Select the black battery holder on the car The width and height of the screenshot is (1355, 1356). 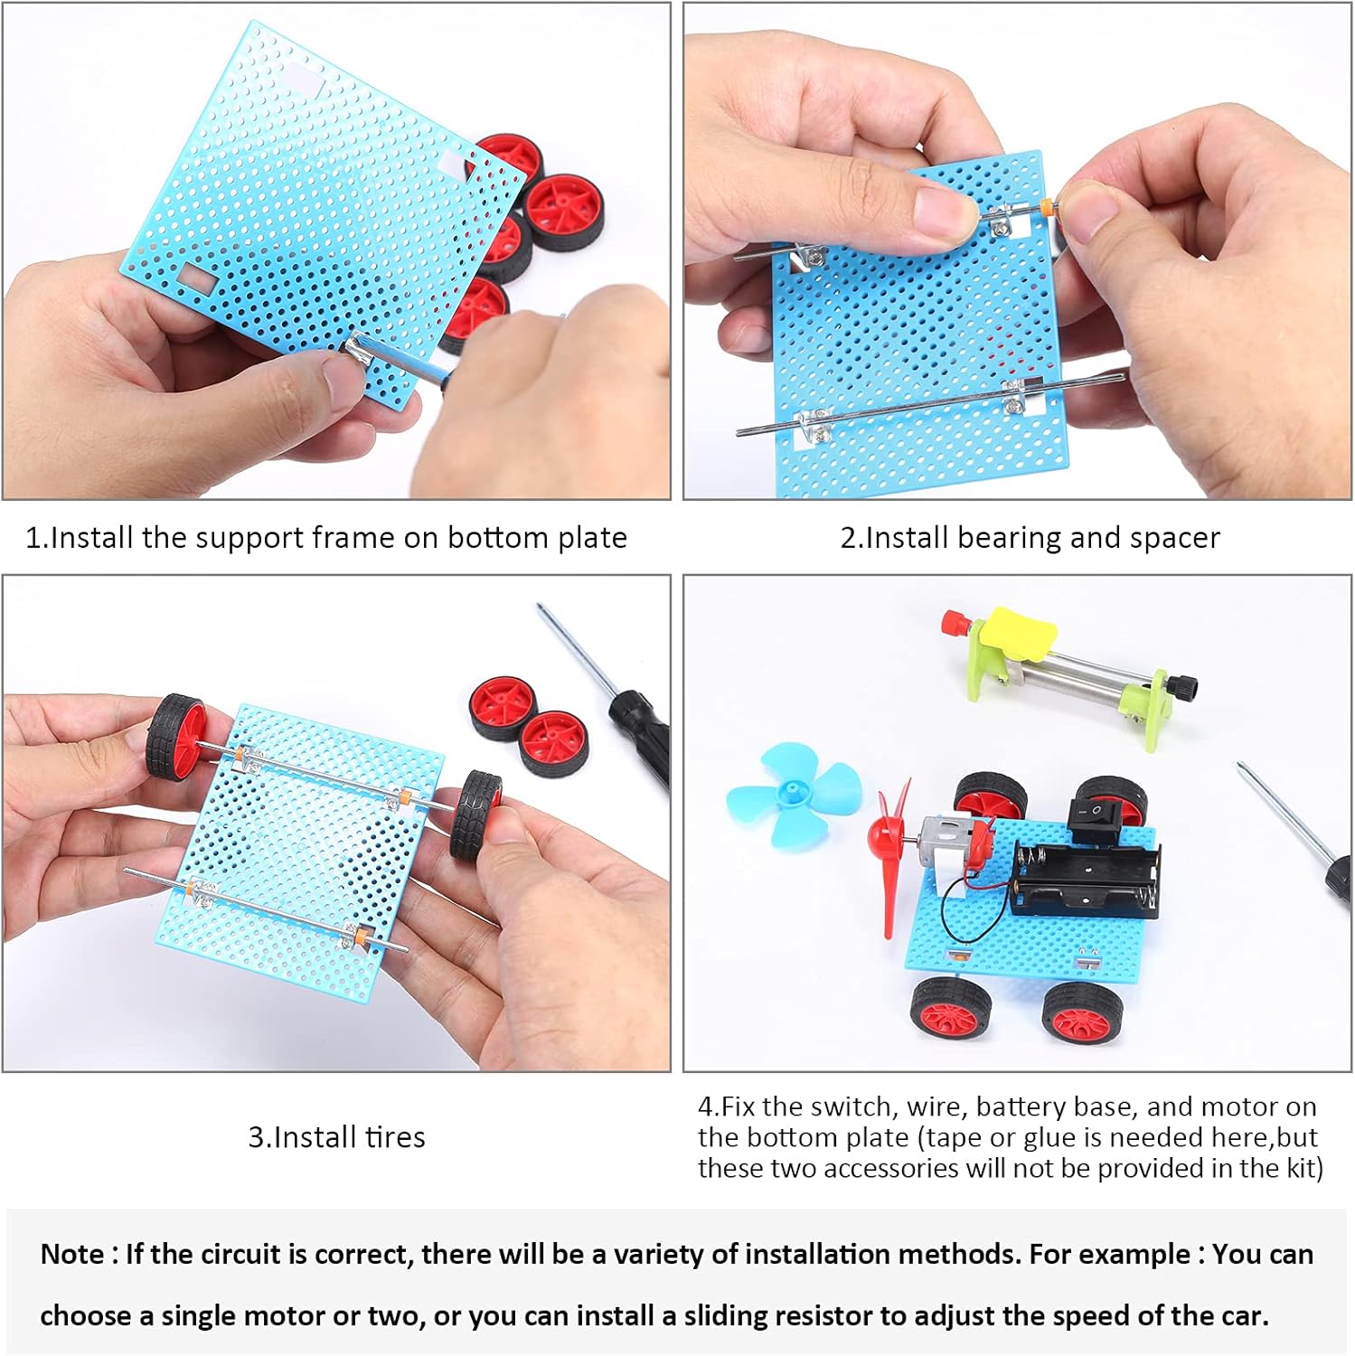1085,879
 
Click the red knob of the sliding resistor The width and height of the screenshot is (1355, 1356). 952,622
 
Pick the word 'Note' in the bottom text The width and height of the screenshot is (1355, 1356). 71,1255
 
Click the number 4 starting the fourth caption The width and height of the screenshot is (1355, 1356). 706,1106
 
